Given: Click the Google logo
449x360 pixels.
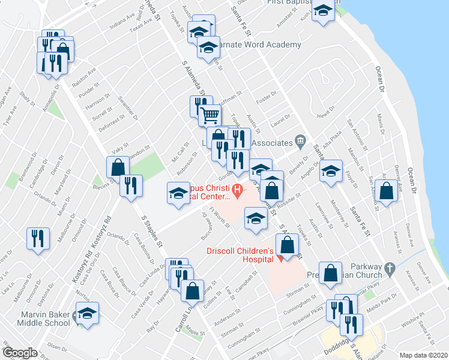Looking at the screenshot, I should (19, 353).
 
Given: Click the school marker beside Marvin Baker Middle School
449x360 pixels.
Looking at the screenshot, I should (88, 313).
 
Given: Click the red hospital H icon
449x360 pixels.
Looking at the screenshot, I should (238, 191).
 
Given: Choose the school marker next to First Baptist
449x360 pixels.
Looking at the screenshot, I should (324, 11).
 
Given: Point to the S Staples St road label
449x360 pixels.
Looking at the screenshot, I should (151, 230).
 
